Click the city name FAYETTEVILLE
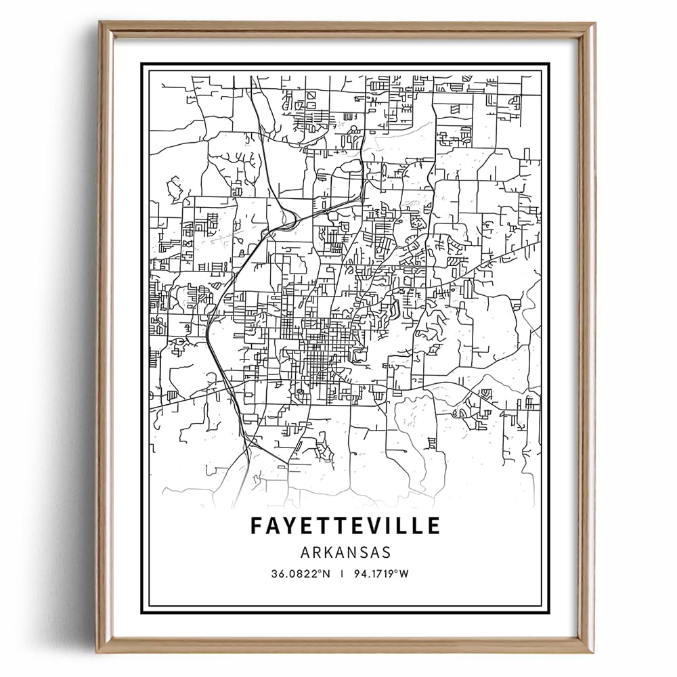(345, 525)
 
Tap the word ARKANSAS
(345, 552)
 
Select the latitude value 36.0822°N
(301, 574)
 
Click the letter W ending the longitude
(409, 574)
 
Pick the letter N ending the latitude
(326, 574)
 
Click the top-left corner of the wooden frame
(100, 22)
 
